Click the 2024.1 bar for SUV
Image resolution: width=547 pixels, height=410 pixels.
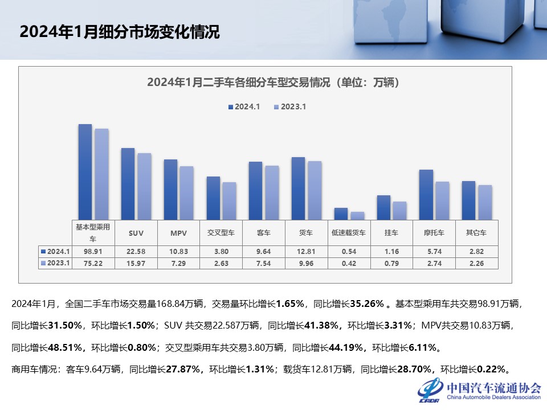(x=128, y=183)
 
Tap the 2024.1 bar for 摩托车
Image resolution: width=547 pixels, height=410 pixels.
(x=426, y=194)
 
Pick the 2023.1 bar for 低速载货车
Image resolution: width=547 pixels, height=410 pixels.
(x=357, y=215)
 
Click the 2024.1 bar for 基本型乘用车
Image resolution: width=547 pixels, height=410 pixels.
(x=85, y=171)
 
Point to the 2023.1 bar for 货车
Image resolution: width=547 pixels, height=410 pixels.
(x=315, y=190)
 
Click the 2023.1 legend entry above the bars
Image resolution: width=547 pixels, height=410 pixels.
(x=291, y=106)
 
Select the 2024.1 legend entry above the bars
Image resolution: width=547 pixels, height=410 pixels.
(x=244, y=106)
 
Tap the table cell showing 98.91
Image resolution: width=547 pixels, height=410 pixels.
(x=93, y=251)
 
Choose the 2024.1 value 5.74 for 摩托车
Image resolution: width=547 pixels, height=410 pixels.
(x=434, y=251)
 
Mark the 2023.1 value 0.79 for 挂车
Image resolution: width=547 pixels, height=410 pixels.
(x=392, y=263)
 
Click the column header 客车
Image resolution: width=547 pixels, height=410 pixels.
(x=263, y=233)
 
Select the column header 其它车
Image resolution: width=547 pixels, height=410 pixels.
(x=477, y=233)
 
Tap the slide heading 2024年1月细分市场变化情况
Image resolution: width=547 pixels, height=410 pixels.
(x=120, y=32)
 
